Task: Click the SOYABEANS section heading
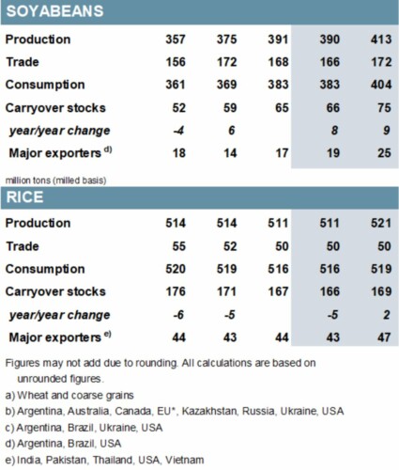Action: (54, 11)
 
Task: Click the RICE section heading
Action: (24, 197)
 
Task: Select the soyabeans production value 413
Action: (381, 39)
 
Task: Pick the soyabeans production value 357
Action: (176, 39)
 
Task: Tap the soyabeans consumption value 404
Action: (381, 85)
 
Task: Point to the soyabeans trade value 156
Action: (176, 62)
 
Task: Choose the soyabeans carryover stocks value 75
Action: (385, 108)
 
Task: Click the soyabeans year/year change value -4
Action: (178, 131)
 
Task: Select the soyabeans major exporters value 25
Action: (385, 153)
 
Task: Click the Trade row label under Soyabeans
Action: (23, 62)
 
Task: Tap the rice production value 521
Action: (381, 223)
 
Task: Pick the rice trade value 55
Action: (179, 246)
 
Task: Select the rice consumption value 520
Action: (176, 269)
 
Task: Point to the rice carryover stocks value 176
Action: (176, 291)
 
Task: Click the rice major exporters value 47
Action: (385, 337)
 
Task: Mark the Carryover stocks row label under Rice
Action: (55, 291)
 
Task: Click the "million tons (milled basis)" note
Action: (55, 180)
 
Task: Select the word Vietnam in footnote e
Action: (185, 460)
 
